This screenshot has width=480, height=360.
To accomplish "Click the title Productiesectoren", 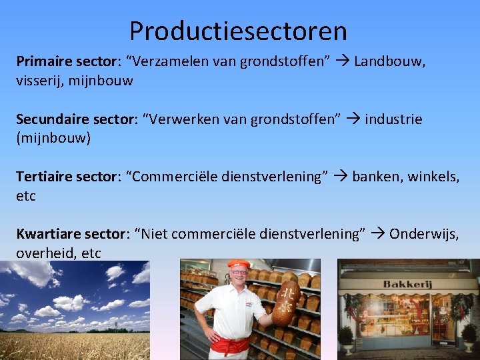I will coord(238,31).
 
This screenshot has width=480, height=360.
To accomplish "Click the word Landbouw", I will coord(389,62).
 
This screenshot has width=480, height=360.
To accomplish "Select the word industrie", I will coord(393,119).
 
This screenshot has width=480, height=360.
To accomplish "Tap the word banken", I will coord(377,177).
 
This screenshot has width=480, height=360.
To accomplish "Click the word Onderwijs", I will coord(423,234).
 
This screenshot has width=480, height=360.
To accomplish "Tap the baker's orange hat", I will coord(238,265).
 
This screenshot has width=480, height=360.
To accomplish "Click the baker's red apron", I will coord(231,345).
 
